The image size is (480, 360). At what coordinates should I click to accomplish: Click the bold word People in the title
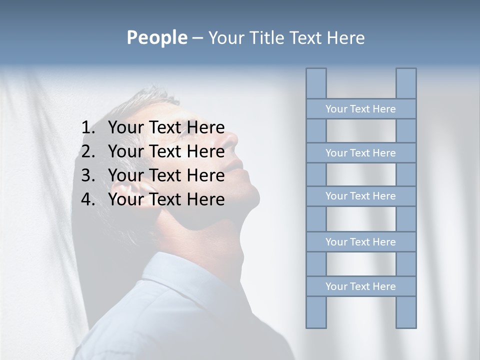tap(156, 38)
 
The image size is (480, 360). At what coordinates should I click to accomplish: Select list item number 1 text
tap(166, 127)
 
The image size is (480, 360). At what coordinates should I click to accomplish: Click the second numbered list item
tap(166, 151)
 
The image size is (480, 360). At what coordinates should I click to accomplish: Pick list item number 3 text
tap(166, 175)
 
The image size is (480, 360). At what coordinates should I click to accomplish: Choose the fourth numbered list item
tap(166, 199)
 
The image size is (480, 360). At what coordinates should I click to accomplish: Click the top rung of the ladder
tap(360, 109)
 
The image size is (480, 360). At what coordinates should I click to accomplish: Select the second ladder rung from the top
tap(360, 153)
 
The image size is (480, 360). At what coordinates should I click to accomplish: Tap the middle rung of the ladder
tap(360, 196)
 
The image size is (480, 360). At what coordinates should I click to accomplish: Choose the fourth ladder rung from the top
tap(360, 242)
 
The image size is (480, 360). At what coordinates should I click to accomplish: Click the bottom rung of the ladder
tap(360, 286)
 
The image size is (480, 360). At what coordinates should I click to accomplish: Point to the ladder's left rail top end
tap(316, 75)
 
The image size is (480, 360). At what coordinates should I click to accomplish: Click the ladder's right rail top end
tap(406, 75)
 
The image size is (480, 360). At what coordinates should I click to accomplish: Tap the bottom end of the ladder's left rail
tap(316, 320)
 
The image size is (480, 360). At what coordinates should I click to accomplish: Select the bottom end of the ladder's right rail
tap(406, 320)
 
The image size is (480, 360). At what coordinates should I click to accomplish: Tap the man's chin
tap(252, 197)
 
